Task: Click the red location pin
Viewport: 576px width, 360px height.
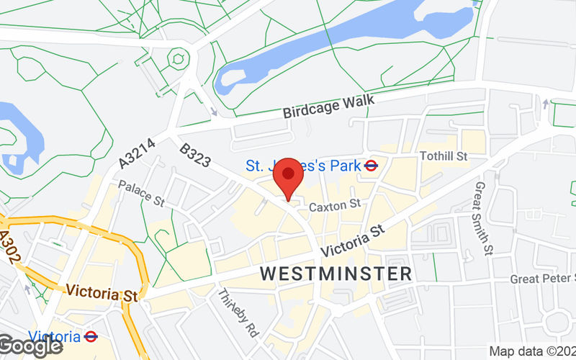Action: coord(288,176)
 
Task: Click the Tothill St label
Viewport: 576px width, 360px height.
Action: coord(444,156)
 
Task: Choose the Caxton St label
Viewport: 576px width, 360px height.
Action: coord(334,206)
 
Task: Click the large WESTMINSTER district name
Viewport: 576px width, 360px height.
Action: coord(336,274)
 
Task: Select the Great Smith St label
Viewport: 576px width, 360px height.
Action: coord(483,218)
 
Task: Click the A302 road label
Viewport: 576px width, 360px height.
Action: coord(9,248)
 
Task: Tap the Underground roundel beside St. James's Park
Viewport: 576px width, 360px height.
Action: coord(372,166)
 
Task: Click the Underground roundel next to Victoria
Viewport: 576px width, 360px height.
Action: coord(91,336)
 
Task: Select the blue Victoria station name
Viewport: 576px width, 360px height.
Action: coord(54,336)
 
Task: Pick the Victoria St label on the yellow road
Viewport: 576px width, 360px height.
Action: coord(101,294)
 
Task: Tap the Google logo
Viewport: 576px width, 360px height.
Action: coord(30,346)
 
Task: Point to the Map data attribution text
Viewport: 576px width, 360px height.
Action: coord(531,351)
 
